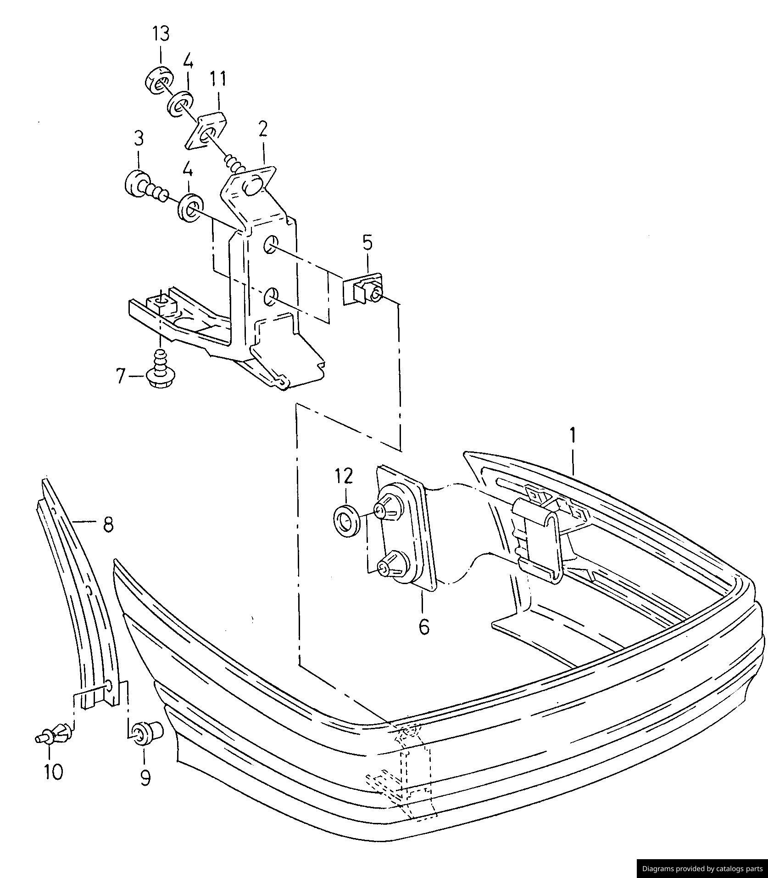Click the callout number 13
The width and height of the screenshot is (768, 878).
[x=161, y=34]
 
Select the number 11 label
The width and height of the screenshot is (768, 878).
[x=218, y=79]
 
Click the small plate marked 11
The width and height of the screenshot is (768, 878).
[x=207, y=130]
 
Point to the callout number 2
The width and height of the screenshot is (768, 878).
[x=263, y=130]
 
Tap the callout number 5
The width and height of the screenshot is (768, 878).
[x=367, y=243]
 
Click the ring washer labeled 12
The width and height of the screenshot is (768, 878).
[x=346, y=520]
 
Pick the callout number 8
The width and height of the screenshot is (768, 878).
[x=108, y=524]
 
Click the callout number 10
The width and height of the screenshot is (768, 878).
[x=54, y=772]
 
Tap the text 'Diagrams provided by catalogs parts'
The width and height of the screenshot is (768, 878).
[x=701, y=868]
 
